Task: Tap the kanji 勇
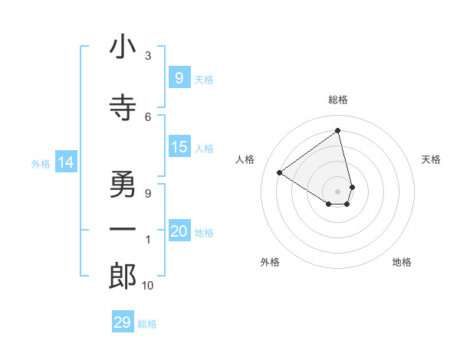click(x=123, y=184)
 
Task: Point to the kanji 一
click(x=123, y=230)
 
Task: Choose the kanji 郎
click(x=123, y=277)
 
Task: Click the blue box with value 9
click(x=179, y=77)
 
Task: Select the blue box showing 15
click(x=179, y=147)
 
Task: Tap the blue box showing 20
click(x=179, y=231)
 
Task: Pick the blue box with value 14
click(x=66, y=162)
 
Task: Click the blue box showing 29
click(x=122, y=322)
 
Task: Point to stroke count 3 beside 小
click(x=148, y=56)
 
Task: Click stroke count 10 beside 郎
click(x=148, y=286)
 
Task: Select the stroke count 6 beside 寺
click(x=148, y=116)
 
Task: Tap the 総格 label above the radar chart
click(x=338, y=100)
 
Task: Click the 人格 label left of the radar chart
click(x=245, y=159)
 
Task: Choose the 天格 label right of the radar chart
click(x=431, y=159)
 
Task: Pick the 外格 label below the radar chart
click(x=270, y=262)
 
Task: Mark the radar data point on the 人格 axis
click(x=280, y=172)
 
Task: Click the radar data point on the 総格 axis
click(x=338, y=131)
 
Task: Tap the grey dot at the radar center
click(x=338, y=191)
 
